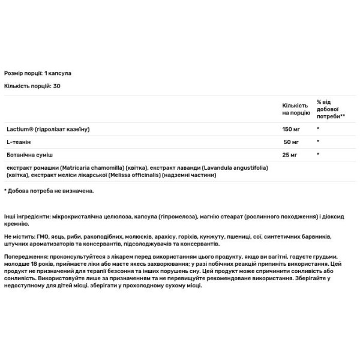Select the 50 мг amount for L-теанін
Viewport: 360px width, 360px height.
tap(292, 142)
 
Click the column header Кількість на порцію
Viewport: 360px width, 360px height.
tap(295, 109)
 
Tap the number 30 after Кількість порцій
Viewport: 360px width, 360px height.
tap(57, 86)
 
